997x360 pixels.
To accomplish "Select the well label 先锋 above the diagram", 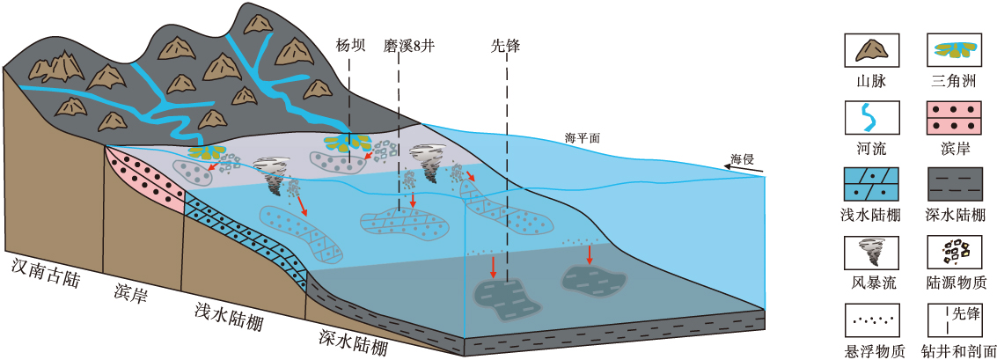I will tap(506, 45).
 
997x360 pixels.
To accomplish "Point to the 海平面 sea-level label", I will tap(582, 138).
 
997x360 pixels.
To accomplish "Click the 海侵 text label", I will tap(743, 158).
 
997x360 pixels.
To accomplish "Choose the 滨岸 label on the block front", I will tap(132, 290).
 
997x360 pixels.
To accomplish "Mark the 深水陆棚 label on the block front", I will tap(353, 341).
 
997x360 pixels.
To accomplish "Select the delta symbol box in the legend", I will tap(957, 50).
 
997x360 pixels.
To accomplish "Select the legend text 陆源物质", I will tap(957, 283).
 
